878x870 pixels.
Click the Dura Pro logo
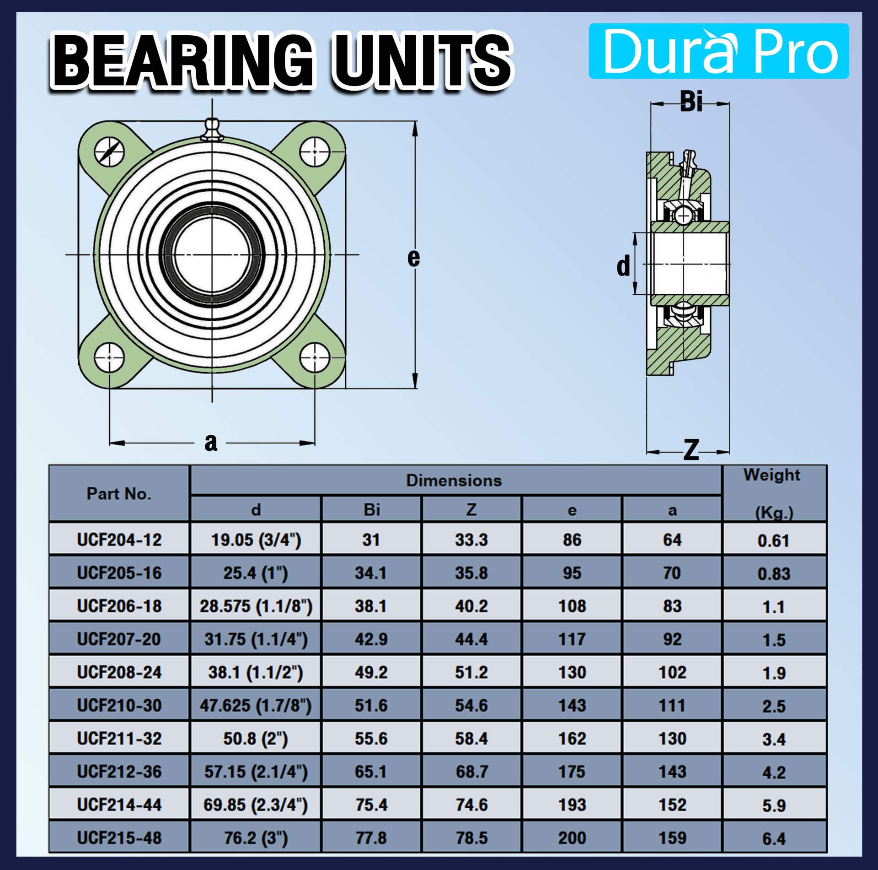[x=718, y=51]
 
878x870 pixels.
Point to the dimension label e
[x=413, y=258]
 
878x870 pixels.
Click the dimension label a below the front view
[x=211, y=443]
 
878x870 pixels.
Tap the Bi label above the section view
[x=691, y=102]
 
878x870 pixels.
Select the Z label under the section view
[x=691, y=449]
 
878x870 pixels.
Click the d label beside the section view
[x=623, y=266]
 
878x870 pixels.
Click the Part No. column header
[x=119, y=494]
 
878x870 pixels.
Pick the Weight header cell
[x=774, y=493]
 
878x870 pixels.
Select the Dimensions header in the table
[x=454, y=481]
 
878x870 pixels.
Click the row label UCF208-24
[x=119, y=672]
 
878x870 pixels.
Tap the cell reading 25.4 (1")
[x=256, y=573]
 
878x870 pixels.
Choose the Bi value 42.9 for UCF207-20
[x=371, y=639]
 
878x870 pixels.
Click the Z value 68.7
[x=471, y=772]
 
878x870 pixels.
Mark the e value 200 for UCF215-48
[x=572, y=838]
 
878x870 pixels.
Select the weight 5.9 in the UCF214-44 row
[x=774, y=805]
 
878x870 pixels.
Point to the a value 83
[x=672, y=606]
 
